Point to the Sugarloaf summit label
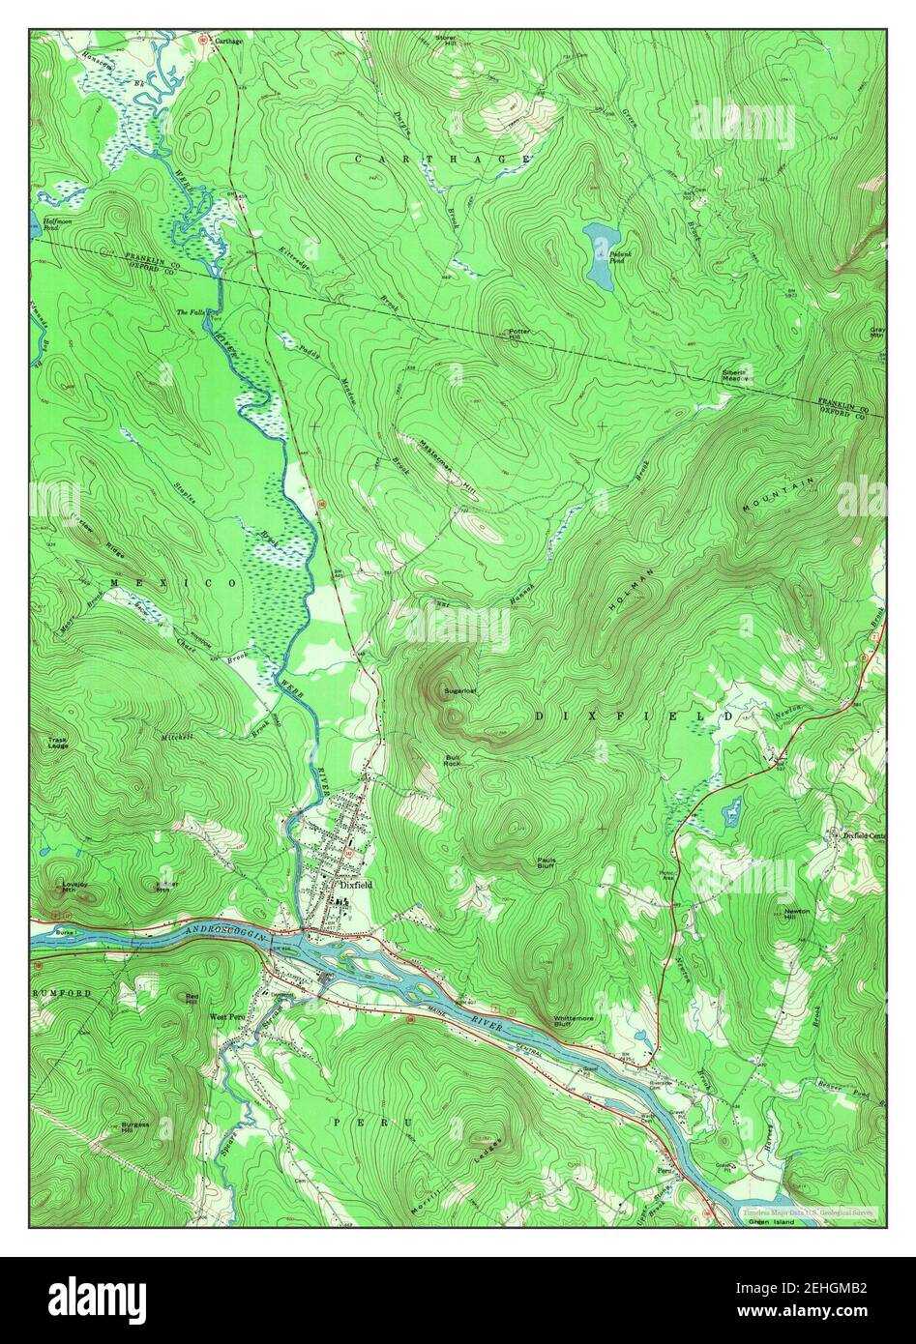point(459,691)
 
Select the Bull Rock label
point(453,760)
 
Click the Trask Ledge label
point(57,744)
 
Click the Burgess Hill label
point(134,1127)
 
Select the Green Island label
point(771,1222)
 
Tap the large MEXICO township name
point(173,584)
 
